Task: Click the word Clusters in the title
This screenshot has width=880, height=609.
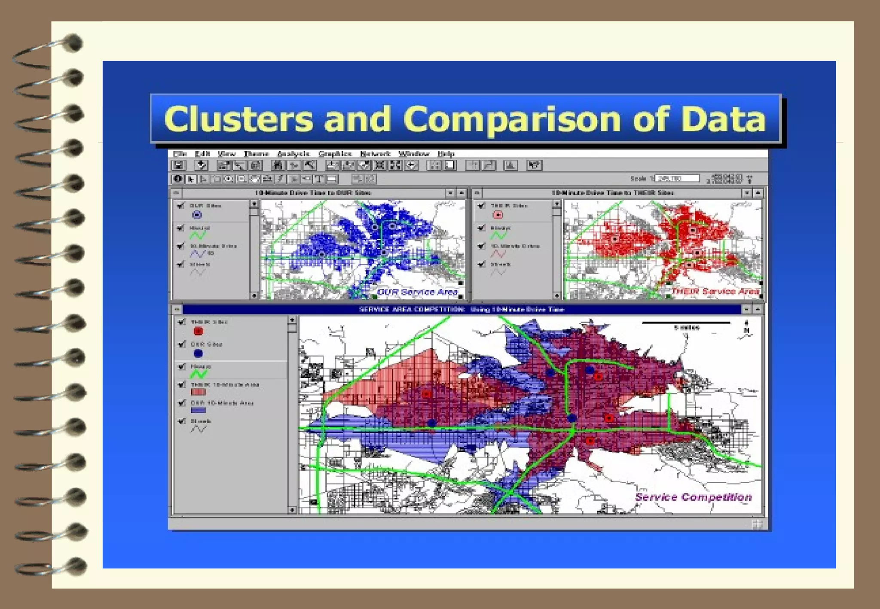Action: (238, 119)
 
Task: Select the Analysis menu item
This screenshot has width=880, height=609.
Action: (293, 154)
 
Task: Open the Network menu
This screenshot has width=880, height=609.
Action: (375, 154)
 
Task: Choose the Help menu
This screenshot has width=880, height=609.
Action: (446, 154)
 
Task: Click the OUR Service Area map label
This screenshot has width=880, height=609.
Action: (417, 292)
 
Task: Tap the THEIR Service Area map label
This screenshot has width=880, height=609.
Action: (715, 291)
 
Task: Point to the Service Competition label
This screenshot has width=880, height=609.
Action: (693, 497)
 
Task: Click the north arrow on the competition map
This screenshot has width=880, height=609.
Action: (746, 329)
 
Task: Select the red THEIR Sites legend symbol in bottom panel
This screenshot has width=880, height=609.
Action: (198, 331)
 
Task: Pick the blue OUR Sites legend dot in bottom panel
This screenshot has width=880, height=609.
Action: (198, 353)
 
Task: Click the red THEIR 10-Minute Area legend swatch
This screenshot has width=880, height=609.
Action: (198, 392)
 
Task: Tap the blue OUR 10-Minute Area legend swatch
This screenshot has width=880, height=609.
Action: (198, 410)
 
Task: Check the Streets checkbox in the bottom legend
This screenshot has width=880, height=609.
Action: (182, 421)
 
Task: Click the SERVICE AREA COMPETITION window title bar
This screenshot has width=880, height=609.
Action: (461, 309)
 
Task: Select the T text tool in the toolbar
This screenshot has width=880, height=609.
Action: (319, 179)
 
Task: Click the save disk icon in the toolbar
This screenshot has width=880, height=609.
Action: (179, 165)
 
